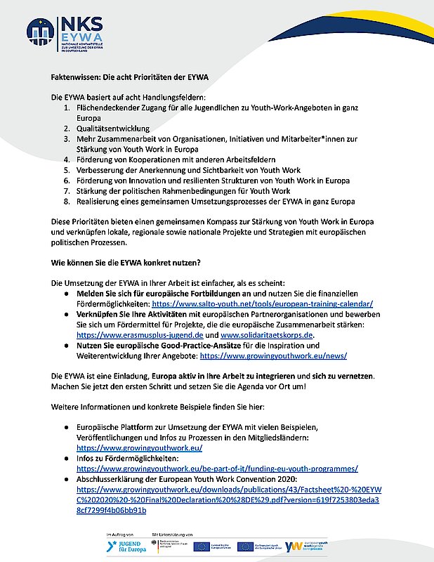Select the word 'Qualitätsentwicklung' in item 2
pyautogui.click(x=110, y=129)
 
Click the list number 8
pyautogui.click(x=68, y=201)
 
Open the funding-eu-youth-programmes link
pyautogui.click(x=218, y=467)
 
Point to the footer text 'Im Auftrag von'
pyautogui.click(x=121, y=535)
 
